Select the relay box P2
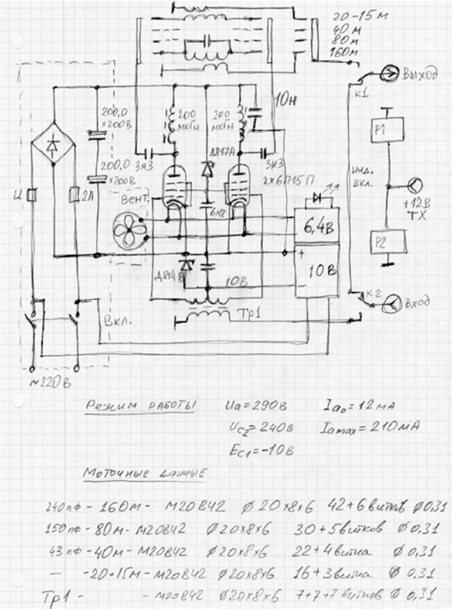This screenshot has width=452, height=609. [388, 241]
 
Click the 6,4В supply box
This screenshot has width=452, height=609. [316, 225]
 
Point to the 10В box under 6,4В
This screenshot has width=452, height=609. [317, 272]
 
